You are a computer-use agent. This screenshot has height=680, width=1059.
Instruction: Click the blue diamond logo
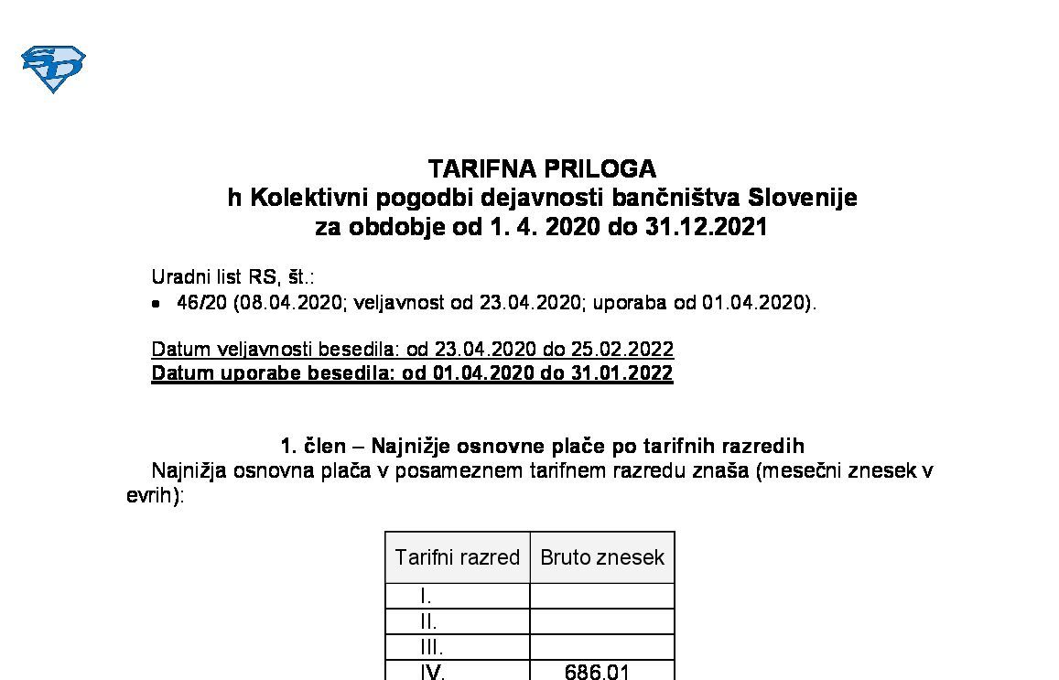coord(53,69)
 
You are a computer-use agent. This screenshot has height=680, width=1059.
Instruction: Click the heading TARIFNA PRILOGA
coord(542,169)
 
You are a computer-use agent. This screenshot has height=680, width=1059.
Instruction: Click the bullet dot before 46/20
coord(157,304)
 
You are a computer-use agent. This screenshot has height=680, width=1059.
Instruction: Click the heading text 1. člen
coord(312,446)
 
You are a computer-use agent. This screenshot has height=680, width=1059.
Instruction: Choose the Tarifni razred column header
coord(457,557)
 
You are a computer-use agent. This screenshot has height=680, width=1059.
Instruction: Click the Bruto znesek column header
coord(602,557)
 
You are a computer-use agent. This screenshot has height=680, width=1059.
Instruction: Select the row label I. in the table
coord(426,597)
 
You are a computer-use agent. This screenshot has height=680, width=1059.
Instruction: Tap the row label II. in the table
coord(427,622)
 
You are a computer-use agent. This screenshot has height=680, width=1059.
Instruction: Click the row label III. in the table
coord(430,647)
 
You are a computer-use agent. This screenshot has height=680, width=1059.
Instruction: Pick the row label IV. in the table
coord(432,673)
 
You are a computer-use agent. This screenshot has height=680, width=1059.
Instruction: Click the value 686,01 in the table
coord(597,673)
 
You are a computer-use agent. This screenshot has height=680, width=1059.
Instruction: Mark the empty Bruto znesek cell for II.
coord(602,622)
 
